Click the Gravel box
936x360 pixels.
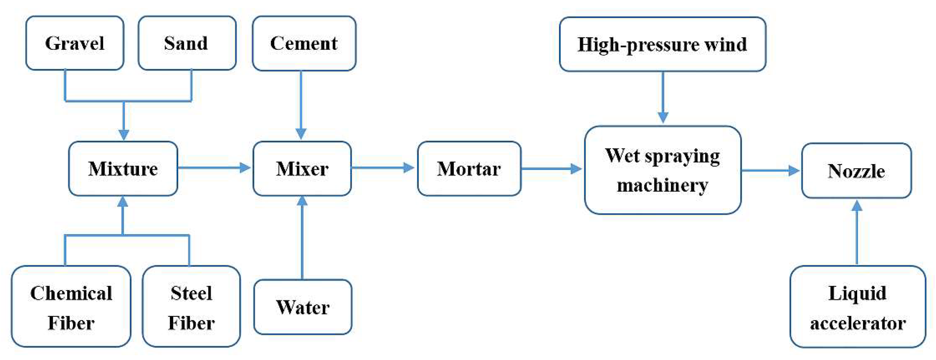coord(75,43)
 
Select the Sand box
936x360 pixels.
coord(187,43)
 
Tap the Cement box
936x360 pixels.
coord(304,43)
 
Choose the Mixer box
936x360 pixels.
coord(302,169)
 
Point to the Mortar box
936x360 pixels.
coord(469,169)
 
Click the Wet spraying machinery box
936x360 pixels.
coord(662,170)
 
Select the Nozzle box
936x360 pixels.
coord(856,171)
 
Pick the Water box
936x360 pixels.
coord(303,307)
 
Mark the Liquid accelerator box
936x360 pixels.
coord(857,307)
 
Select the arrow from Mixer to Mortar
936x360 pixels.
coord(382,167)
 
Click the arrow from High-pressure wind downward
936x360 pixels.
coord(663,96)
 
